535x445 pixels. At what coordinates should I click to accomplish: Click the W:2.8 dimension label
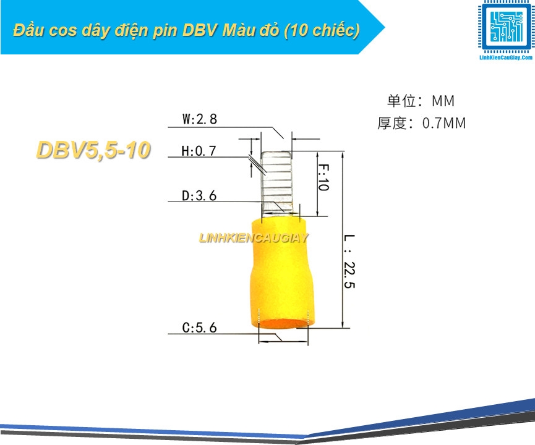pos(200,119)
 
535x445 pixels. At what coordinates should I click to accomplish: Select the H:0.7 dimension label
pos(199,151)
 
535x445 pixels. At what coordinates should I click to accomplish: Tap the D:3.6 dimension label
pos(199,196)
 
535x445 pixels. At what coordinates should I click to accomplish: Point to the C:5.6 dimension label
pos(200,328)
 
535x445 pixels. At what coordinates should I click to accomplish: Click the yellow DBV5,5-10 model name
pos(93,150)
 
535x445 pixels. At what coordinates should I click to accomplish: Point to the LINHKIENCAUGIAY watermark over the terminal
pos(254,238)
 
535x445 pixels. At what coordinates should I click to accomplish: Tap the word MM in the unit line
pos(443,101)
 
